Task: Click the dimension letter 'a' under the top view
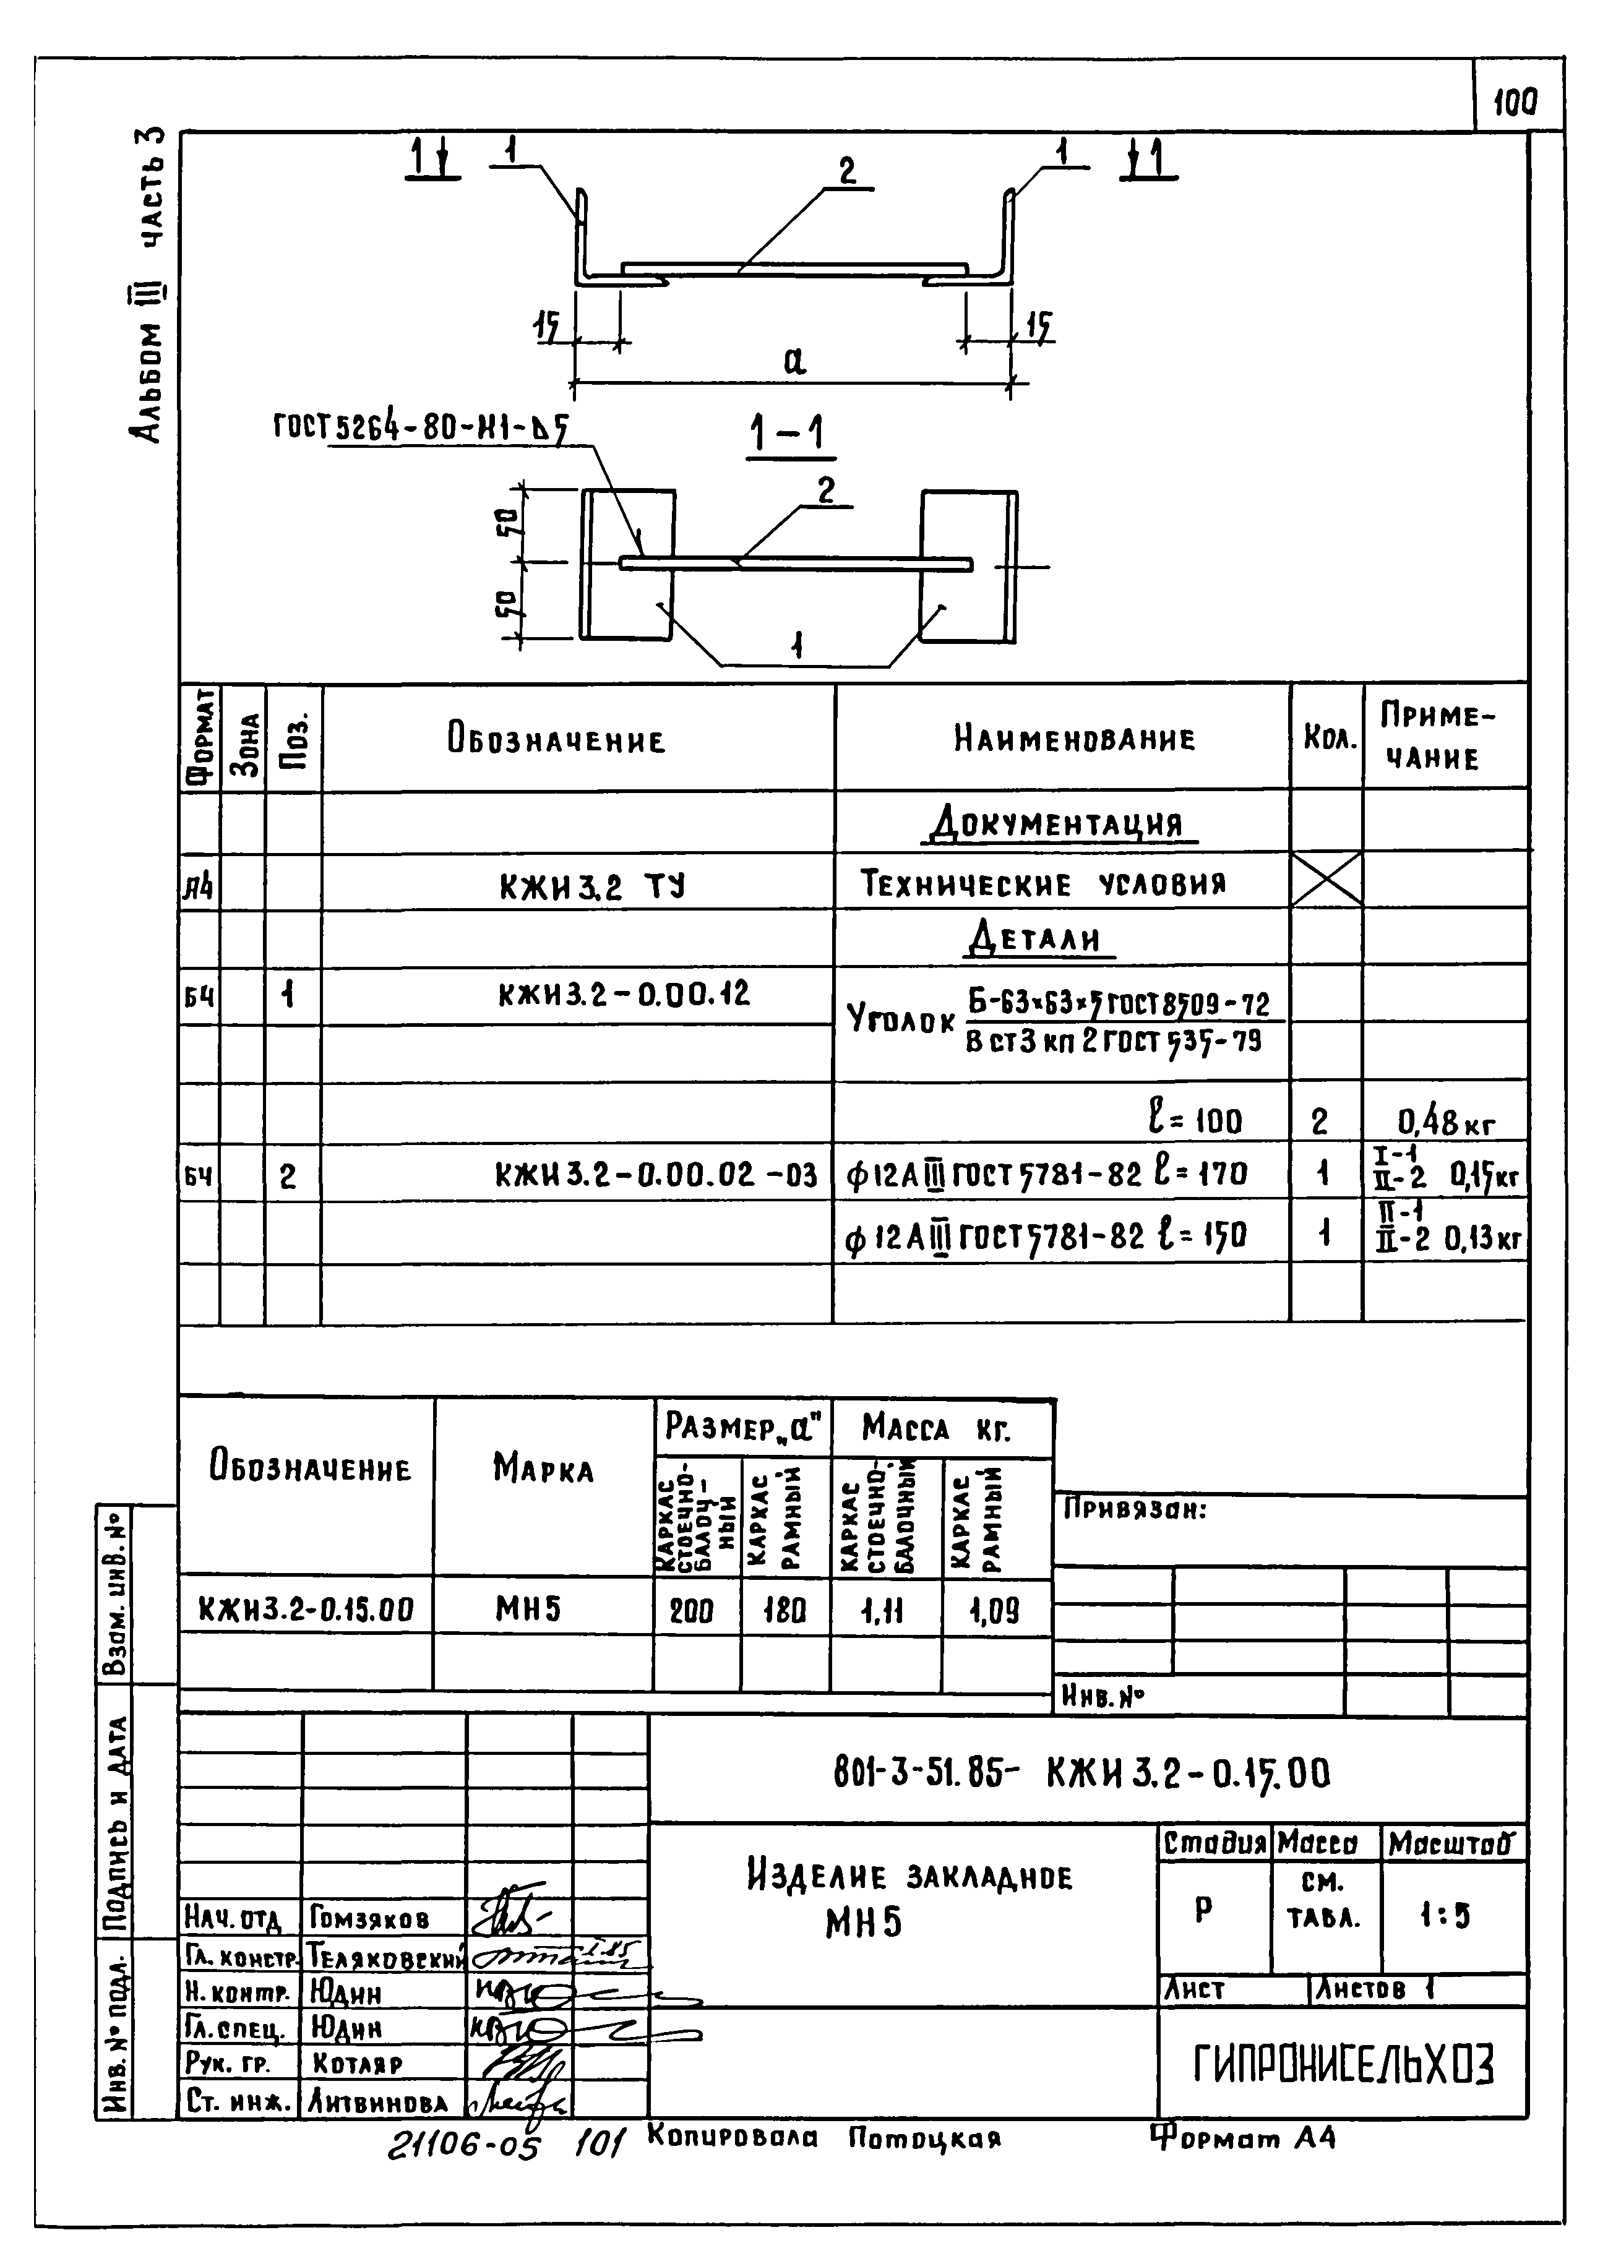click(794, 361)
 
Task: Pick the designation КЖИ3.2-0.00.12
click(624, 993)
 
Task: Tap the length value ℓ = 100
click(1193, 1121)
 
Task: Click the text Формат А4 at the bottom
click(1244, 2138)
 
